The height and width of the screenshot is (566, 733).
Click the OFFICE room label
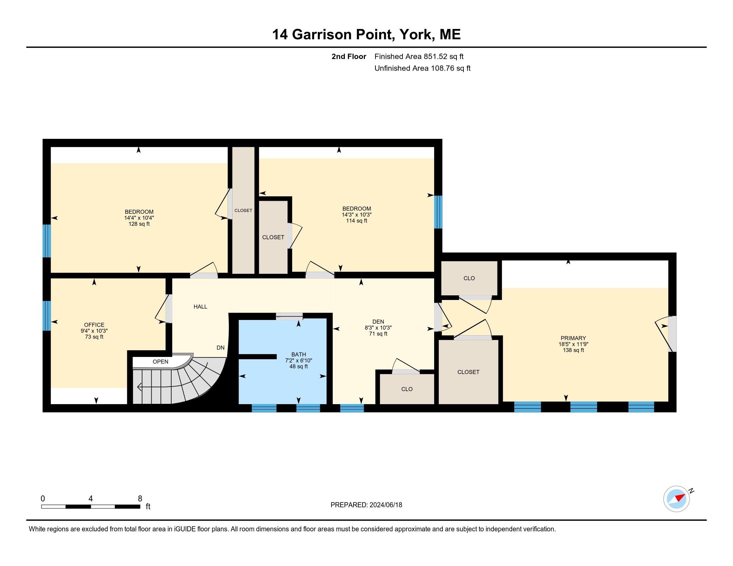pos(94,325)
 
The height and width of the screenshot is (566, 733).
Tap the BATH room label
pos(299,355)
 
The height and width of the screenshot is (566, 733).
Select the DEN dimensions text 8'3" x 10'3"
pos(378,328)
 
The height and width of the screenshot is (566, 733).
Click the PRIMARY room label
pos(573,338)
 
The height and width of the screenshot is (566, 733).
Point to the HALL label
pos(200,306)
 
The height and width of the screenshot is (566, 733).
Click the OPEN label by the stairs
pos(161,362)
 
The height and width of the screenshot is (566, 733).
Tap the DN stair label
pos(220,348)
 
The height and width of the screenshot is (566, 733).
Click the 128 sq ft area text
pos(139,224)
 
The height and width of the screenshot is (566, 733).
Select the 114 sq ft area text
pos(357,221)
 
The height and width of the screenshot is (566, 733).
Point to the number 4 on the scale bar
pos(91,499)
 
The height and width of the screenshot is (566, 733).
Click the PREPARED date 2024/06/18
pos(385,505)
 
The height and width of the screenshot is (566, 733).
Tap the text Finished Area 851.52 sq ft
pos(418,56)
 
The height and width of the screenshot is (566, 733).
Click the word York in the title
pos(415,35)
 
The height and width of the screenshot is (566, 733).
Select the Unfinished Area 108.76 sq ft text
pos(422,68)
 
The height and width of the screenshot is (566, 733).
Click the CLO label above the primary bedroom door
pos(469,278)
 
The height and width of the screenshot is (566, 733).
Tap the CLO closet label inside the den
pos(406,389)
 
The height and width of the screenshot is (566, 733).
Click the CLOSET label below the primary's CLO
pos(468,372)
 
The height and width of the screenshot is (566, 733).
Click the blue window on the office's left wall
pos(47,316)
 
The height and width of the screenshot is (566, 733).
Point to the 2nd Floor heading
pos(349,56)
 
